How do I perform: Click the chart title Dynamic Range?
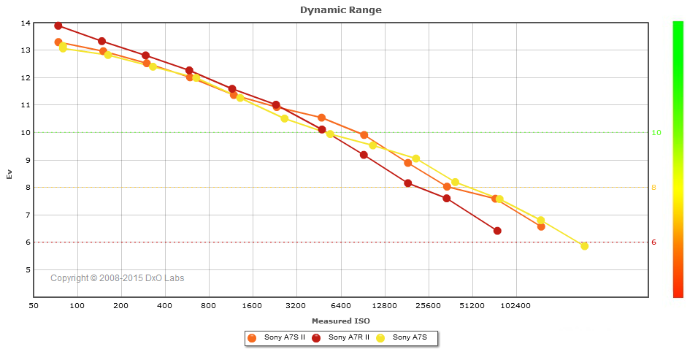pos(340,10)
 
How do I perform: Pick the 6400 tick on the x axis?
pos(340,307)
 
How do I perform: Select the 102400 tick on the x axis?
pos(515,307)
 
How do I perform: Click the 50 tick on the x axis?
pos(34,307)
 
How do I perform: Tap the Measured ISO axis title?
pos(340,321)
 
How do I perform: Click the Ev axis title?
pos(9,174)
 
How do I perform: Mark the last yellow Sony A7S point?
pos(584,246)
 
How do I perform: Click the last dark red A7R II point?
pos(497,231)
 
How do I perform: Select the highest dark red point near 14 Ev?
pos(58,26)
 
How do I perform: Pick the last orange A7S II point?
pos(541,226)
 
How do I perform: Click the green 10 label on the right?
pos(656,133)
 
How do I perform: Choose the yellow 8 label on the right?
pos(654,188)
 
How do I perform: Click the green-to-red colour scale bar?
pos(678,159)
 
